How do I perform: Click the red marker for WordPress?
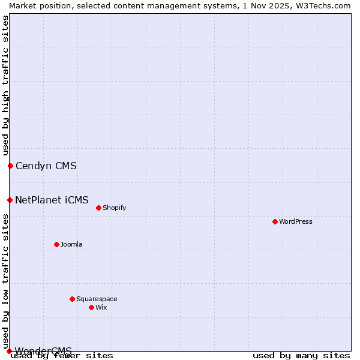275,221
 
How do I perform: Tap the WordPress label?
296,221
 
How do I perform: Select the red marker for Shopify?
98,208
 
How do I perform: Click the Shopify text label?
114,208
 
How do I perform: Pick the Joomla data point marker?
56,244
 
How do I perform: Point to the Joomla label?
71,244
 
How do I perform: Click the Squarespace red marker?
72,299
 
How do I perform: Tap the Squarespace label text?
97,299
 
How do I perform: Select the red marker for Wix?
91,307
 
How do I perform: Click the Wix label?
101,307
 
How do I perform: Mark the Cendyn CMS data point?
10,166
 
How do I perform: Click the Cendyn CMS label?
46,166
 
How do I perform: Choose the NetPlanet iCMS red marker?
10,200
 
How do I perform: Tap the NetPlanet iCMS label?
52,200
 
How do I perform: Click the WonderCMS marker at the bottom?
9,351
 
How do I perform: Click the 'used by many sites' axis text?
301,355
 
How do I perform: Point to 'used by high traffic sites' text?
5,85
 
